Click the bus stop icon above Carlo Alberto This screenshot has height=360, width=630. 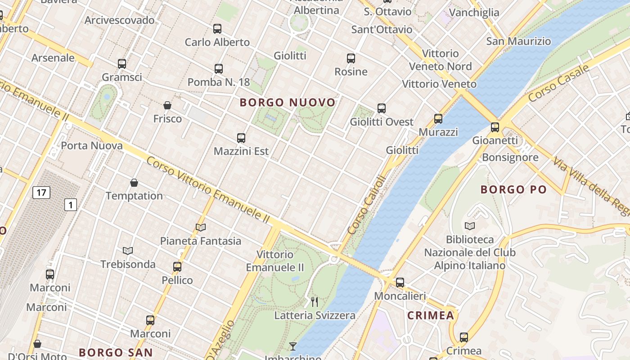click(x=217, y=29)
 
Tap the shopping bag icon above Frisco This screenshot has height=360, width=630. click(x=167, y=105)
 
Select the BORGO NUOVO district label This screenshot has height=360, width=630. click(x=288, y=103)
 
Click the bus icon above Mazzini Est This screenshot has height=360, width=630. click(x=241, y=138)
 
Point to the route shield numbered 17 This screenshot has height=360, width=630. click(x=41, y=193)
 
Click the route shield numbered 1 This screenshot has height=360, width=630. click(x=71, y=205)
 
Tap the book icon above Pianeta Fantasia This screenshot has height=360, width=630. click(x=201, y=228)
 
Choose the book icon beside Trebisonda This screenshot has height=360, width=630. click(x=128, y=251)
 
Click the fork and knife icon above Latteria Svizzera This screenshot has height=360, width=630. click(x=315, y=302)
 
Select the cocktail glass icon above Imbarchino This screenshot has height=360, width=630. click(x=293, y=346)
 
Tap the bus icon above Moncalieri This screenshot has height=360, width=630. click(x=400, y=283)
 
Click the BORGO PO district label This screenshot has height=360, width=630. click(x=513, y=189)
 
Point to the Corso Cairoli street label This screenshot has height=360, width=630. click(x=367, y=205)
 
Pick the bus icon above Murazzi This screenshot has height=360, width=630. click(x=438, y=119)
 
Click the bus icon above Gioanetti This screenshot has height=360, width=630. click(x=495, y=127)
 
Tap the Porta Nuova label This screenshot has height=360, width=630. click(x=92, y=146)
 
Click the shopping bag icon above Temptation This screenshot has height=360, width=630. click(x=134, y=183)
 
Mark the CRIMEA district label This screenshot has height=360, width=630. click(x=431, y=316)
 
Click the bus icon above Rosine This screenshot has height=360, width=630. click(x=351, y=58)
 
